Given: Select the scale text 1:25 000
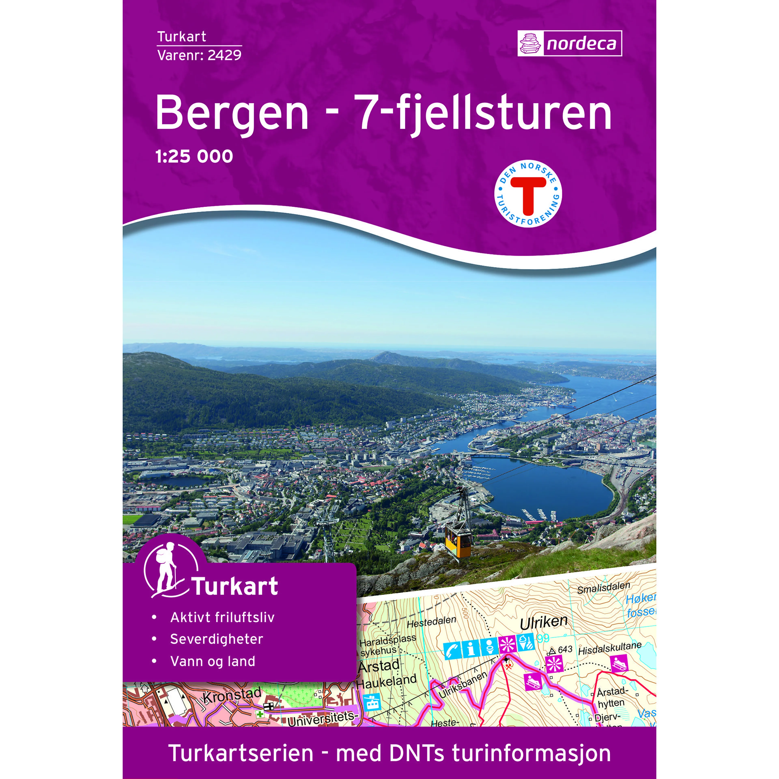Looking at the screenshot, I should [x=194, y=156].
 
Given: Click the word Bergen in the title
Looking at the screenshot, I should [x=232, y=113].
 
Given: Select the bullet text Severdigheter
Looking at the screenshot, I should [x=216, y=639].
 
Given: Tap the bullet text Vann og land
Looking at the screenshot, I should [x=212, y=661].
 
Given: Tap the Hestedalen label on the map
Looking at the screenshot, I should [x=431, y=622].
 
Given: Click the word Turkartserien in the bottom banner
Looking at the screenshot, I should [x=241, y=753].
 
